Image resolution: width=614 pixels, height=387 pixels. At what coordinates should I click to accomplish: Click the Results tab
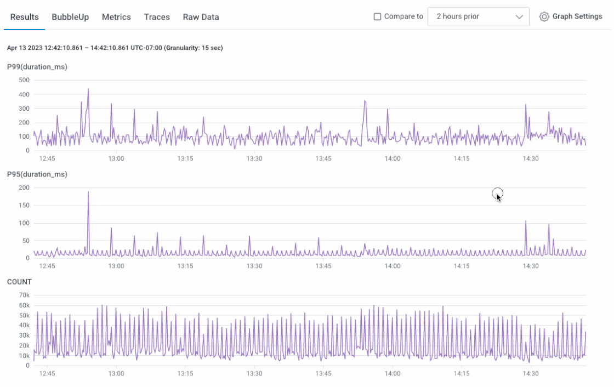[25, 17]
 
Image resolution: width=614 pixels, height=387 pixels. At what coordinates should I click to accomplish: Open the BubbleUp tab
[70, 17]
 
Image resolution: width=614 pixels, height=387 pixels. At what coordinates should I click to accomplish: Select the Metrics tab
[116, 17]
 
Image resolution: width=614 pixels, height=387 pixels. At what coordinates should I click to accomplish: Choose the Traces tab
[157, 17]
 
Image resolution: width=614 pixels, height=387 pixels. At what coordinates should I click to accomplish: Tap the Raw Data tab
[201, 17]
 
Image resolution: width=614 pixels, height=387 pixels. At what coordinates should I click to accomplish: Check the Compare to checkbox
[377, 16]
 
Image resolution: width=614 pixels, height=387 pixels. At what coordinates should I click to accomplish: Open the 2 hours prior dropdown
[478, 16]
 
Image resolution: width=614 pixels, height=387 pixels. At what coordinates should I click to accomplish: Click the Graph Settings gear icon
[544, 16]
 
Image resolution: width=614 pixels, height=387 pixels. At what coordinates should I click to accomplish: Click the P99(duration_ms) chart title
[37, 67]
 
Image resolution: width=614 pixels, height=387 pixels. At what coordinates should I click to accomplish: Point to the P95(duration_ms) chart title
[37, 174]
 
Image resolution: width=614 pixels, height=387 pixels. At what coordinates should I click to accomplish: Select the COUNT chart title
[19, 282]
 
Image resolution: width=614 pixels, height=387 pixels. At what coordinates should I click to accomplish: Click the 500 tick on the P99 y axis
[24, 80]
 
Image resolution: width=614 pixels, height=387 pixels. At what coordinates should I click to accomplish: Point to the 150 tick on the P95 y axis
[24, 206]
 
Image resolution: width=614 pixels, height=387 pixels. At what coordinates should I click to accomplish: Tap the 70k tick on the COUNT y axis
[24, 295]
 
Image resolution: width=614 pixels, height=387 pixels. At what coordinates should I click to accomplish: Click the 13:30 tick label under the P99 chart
[254, 159]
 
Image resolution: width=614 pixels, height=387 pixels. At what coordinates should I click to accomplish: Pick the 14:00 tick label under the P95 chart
[392, 266]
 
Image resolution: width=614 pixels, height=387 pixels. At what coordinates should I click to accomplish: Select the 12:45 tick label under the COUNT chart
[47, 374]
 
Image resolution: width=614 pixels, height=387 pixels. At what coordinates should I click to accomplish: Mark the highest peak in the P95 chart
[88, 192]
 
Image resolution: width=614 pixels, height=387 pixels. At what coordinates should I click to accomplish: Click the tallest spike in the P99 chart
[88, 89]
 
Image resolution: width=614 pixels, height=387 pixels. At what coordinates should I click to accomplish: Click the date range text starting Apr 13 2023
[115, 48]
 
